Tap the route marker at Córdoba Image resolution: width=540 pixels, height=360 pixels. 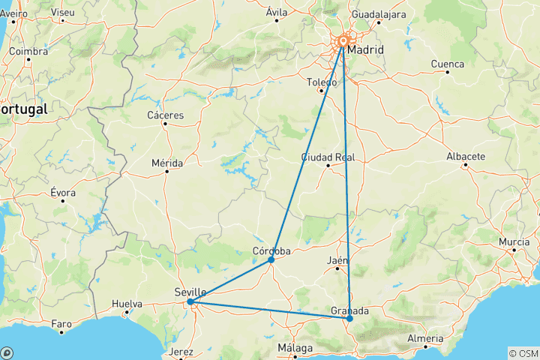271,259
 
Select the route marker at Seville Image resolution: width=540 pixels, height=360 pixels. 190,301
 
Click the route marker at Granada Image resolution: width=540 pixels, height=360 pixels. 349,319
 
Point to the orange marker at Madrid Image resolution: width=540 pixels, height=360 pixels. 343,42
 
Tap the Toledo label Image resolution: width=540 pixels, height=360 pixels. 322,82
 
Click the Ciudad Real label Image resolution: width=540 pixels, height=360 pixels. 328,157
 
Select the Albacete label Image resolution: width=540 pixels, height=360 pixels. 466,156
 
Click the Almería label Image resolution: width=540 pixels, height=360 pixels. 425,338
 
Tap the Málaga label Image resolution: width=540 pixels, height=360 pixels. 295,348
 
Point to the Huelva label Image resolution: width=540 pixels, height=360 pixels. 127,304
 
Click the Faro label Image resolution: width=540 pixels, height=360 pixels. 61,324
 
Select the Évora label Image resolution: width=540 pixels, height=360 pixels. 63,193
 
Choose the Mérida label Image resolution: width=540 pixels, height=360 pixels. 166,162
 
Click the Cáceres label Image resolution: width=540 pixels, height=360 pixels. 166,115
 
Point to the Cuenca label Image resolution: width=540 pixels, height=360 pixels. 447,64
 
